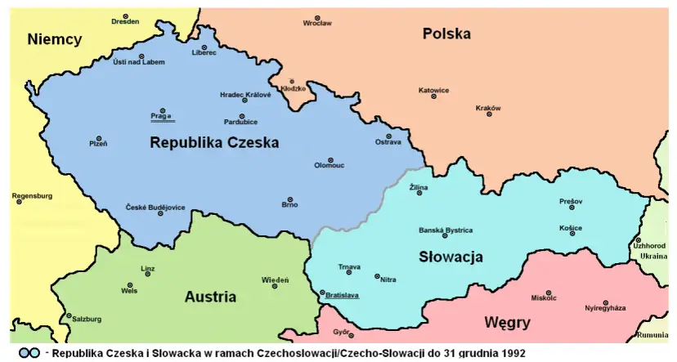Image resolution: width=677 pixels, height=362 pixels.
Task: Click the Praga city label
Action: (x=161, y=117)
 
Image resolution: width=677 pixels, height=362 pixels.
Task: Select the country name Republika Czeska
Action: (x=214, y=142)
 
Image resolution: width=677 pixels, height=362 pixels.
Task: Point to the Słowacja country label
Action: (x=451, y=257)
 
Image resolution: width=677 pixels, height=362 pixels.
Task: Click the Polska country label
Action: (x=446, y=34)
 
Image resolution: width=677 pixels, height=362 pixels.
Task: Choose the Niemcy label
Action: (x=54, y=39)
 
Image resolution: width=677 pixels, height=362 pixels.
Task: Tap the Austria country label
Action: (x=210, y=297)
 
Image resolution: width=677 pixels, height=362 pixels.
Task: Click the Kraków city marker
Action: (x=489, y=114)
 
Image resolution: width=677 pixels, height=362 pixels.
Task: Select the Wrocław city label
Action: (x=317, y=24)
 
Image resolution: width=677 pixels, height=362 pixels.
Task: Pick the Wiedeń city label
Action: (x=275, y=279)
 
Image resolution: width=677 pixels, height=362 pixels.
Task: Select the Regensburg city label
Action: (x=33, y=196)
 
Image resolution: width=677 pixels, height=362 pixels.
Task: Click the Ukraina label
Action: (x=654, y=256)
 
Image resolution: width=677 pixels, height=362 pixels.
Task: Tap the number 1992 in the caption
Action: (x=510, y=354)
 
